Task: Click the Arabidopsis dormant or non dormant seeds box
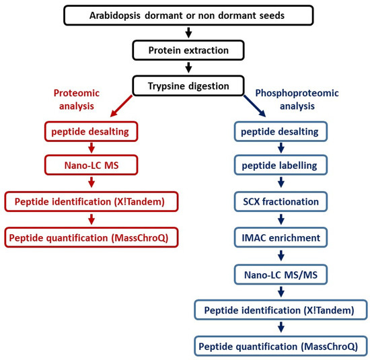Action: tap(188, 15)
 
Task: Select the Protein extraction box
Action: tap(188, 50)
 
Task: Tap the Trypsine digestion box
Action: tap(188, 85)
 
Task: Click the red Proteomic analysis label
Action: tap(77, 100)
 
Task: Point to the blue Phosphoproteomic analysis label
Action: tap(297, 100)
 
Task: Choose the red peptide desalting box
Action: tap(91, 131)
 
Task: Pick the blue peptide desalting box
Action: tap(281, 131)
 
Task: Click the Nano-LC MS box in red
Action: tap(91, 165)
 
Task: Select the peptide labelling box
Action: tap(281, 165)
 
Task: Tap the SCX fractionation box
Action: tap(281, 202)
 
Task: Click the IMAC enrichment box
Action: tap(281, 238)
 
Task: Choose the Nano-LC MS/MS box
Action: tap(281, 275)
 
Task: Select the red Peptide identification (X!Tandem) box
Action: tap(91, 202)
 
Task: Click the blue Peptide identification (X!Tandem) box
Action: tap(281, 310)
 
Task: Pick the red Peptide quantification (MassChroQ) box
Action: tap(91, 238)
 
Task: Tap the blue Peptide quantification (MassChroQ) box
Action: tap(281, 346)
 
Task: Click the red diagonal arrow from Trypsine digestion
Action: tap(121, 106)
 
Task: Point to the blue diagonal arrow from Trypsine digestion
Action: tap(255, 106)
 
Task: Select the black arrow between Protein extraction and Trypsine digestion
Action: tap(188, 67)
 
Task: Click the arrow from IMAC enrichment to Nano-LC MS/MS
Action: tap(281, 256)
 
